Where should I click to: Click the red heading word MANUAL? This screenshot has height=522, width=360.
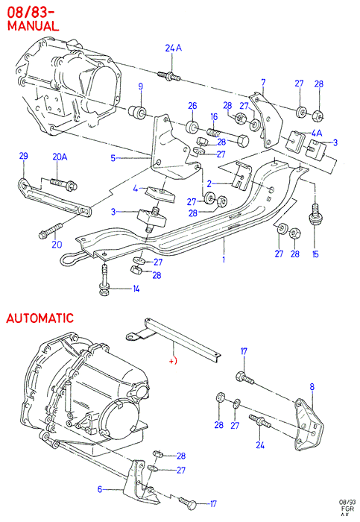click(33, 25)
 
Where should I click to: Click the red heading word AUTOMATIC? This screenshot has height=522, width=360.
click(40, 318)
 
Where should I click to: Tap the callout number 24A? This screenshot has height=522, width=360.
click(174, 48)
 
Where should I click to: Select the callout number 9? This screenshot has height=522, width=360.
click(141, 87)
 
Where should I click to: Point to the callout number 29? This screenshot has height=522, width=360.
click(23, 156)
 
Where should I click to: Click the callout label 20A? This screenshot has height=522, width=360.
click(60, 157)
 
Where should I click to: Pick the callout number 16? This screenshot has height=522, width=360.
click(214, 116)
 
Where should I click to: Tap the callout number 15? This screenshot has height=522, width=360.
click(315, 254)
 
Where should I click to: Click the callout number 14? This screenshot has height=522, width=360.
click(136, 289)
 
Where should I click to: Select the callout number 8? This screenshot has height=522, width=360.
click(312, 386)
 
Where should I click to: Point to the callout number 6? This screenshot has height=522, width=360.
click(99, 489)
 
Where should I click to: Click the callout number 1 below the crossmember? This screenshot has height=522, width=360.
click(224, 259)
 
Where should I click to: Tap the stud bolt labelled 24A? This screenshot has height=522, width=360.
click(169, 76)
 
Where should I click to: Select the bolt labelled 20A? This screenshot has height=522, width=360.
click(63, 184)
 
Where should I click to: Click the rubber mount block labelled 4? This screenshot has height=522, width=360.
click(160, 195)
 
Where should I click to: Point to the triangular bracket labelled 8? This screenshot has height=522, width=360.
click(309, 424)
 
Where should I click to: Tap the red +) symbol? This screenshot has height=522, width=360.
click(173, 361)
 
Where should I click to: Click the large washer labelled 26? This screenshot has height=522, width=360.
click(192, 128)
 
